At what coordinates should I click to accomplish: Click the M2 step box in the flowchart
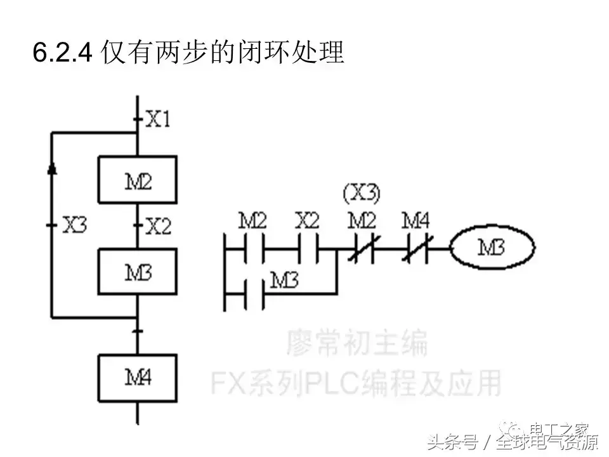coord(137,179)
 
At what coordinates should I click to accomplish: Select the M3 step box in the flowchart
coord(137,272)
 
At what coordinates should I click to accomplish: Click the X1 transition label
coord(158,119)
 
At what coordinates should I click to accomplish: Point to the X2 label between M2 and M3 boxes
coord(158,226)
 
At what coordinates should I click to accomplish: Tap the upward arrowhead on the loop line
coord(52,167)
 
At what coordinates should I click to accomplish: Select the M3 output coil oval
coord(492,247)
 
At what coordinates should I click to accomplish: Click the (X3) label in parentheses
coord(362,193)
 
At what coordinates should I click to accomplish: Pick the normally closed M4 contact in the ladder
coord(417,248)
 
